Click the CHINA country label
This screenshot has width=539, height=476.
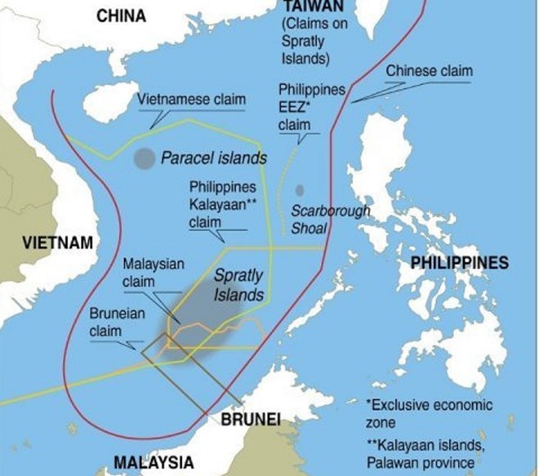[x=121, y=16]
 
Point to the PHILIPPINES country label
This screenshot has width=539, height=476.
[x=459, y=262]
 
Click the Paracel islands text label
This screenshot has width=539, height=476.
[x=213, y=158]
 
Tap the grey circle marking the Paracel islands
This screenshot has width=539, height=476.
[x=144, y=159]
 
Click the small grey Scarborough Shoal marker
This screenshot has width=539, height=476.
[x=300, y=191]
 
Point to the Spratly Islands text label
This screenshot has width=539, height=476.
[x=238, y=285]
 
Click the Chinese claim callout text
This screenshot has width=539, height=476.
[x=429, y=71]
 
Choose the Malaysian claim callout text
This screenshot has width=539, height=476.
[x=154, y=273]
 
